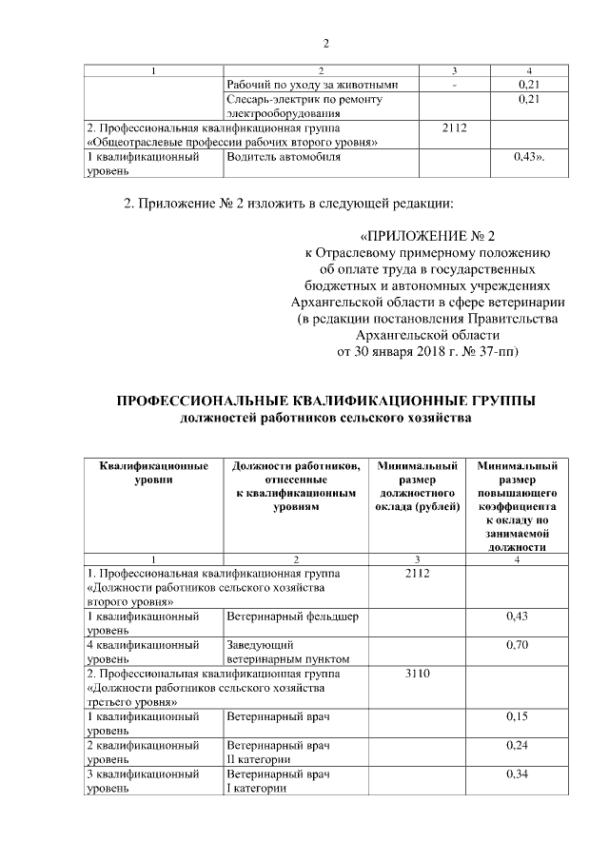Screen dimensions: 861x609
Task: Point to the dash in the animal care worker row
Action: click(x=455, y=86)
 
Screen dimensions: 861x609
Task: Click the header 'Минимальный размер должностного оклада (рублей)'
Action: click(x=418, y=486)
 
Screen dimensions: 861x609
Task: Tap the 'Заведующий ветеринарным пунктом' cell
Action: click(x=288, y=651)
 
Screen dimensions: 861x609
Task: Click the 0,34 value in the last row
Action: click(x=519, y=775)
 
